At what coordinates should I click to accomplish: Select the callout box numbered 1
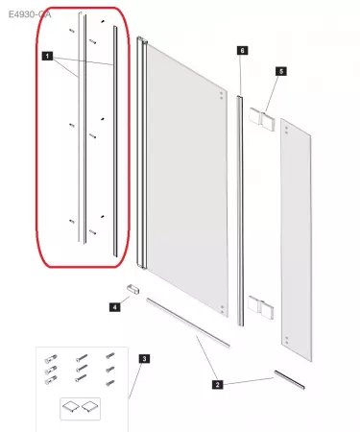[47, 59]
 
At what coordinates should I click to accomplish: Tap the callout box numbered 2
[217, 385]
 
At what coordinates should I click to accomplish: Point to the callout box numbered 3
[144, 359]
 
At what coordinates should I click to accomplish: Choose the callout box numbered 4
[114, 307]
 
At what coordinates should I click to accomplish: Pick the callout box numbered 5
[280, 71]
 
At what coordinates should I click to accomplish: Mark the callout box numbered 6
[242, 49]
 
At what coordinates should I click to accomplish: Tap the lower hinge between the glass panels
[261, 308]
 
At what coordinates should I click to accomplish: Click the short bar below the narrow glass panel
[289, 377]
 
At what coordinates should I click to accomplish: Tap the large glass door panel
[182, 182]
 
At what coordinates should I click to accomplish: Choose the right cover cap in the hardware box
[91, 406]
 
